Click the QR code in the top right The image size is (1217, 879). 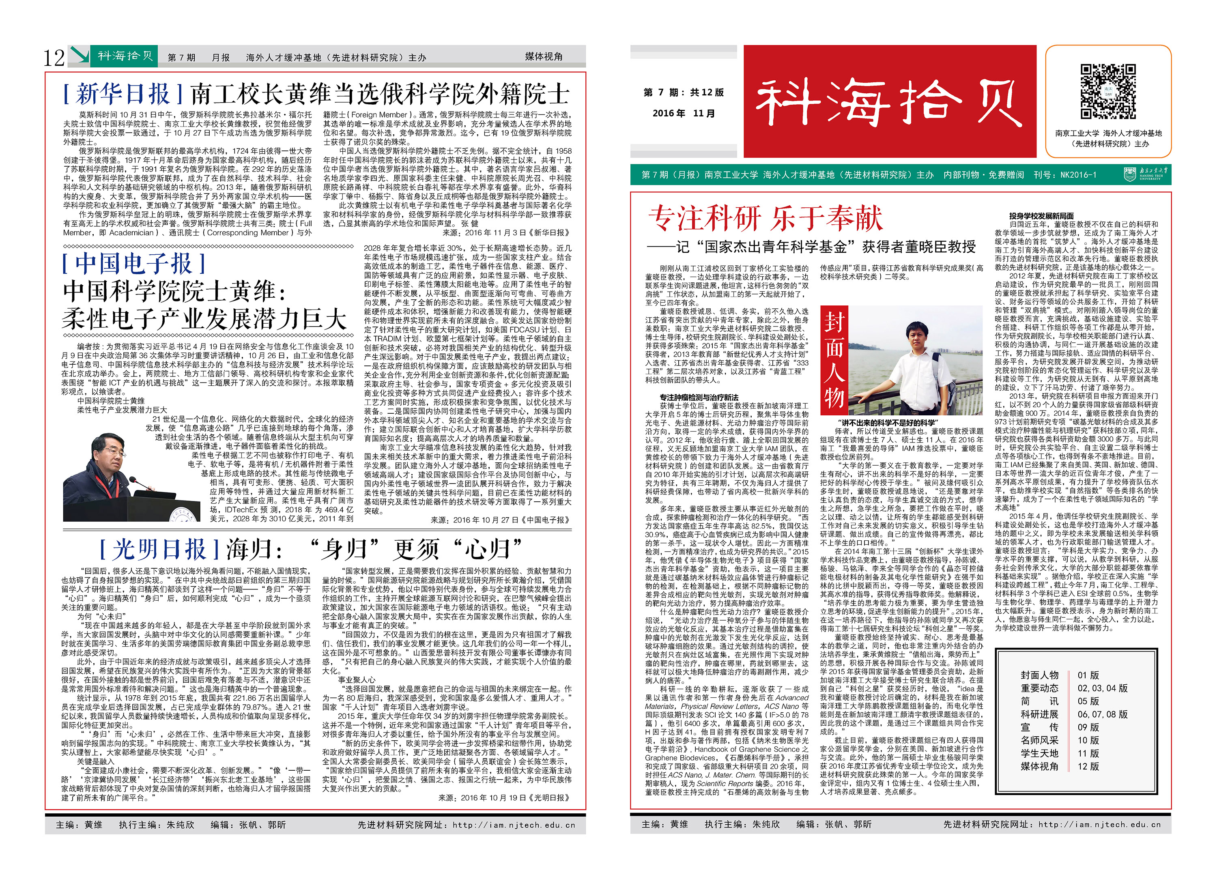click(x=1107, y=92)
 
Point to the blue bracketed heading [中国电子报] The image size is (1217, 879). click(x=133, y=264)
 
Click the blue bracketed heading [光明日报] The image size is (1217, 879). click(x=159, y=550)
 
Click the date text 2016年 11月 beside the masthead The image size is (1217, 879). click(x=684, y=113)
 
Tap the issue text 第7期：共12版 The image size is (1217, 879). click(x=684, y=92)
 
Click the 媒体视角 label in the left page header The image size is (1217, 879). click(x=544, y=57)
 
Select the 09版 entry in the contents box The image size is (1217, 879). click(x=1088, y=727)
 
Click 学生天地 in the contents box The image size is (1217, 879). click(x=1039, y=753)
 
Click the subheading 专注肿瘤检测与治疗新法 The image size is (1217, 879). click(x=699, y=397)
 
